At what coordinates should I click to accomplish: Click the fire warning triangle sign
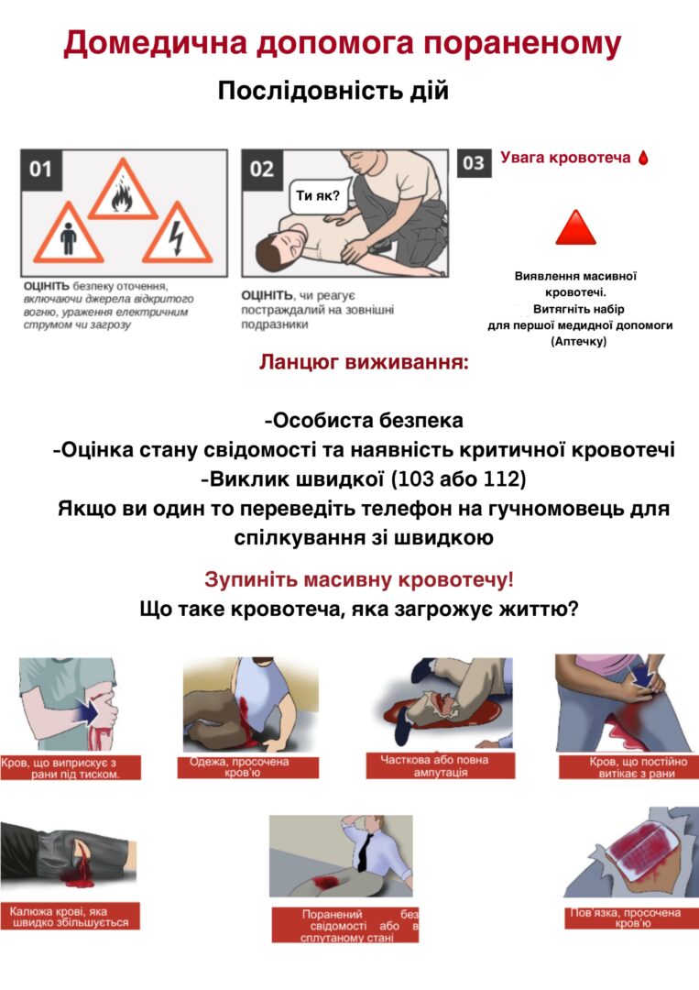coord(123,191)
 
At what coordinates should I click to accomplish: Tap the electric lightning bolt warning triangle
coord(178,235)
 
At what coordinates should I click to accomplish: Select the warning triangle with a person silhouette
coord(68,235)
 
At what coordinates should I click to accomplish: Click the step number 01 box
coord(41,170)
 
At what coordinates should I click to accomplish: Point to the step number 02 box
coord(262,170)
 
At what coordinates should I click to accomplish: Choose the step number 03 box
coord(474,163)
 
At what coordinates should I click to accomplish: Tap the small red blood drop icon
coord(643,158)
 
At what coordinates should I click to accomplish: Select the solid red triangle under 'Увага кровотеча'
coord(575,228)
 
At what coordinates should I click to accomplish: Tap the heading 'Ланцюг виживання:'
coord(364,362)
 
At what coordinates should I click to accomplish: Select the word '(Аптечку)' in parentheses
coord(579,342)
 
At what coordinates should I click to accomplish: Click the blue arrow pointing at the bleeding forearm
coord(87,713)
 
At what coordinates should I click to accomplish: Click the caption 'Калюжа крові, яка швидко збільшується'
coord(70,917)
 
